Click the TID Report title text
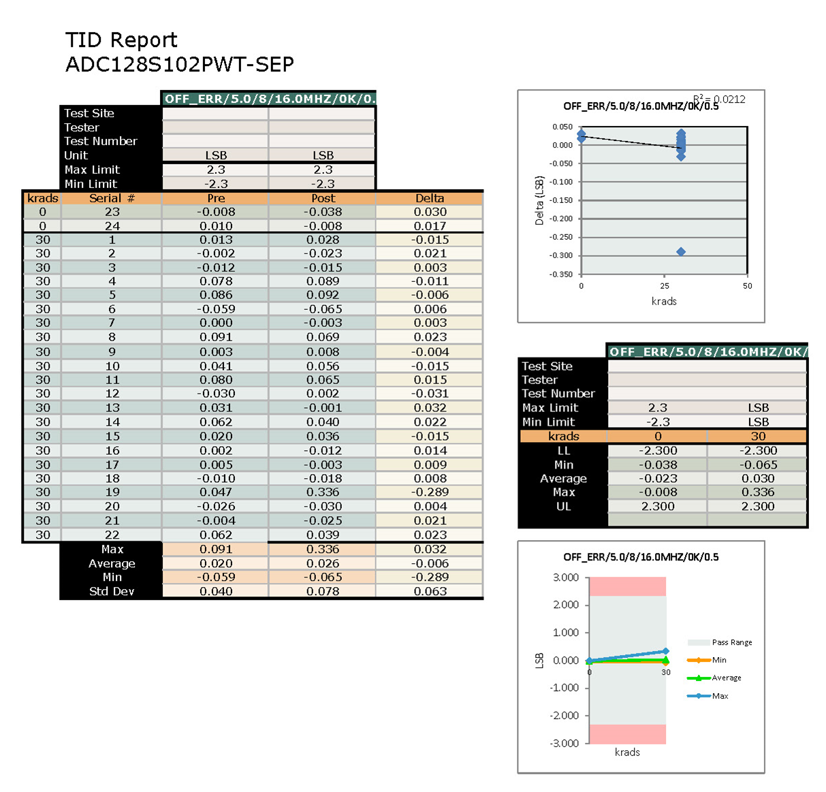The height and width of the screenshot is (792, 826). (x=121, y=40)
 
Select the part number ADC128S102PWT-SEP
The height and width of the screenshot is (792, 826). (x=180, y=65)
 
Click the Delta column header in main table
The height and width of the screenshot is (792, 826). (x=430, y=198)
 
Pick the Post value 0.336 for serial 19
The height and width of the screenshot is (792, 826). (x=323, y=492)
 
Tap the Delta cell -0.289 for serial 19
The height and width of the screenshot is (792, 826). (x=430, y=492)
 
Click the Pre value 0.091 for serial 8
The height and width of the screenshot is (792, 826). (x=216, y=337)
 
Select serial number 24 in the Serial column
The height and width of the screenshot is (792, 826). (x=112, y=226)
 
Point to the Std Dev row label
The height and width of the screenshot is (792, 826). (x=112, y=591)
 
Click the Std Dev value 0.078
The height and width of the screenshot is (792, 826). (x=323, y=591)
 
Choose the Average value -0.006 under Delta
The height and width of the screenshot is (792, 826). (x=430, y=563)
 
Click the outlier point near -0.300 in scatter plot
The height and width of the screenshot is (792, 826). (x=680, y=252)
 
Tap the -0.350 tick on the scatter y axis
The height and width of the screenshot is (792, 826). (x=562, y=274)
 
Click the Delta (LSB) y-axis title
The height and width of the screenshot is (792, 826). (x=539, y=200)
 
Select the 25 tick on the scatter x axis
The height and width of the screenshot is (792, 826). (x=665, y=286)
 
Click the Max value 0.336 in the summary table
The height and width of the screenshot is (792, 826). (x=758, y=492)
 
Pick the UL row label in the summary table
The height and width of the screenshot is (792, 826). (x=563, y=506)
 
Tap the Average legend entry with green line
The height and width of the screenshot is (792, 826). (x=726, y=678)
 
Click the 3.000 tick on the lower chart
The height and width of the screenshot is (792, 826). (x=565, y=577)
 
